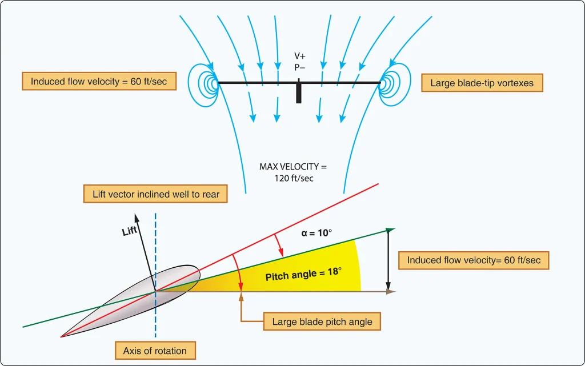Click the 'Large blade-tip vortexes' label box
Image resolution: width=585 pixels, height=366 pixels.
(x=482, y=83)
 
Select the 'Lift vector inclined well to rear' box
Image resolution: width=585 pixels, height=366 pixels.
(x=155, y=194)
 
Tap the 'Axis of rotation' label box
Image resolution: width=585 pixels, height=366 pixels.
(x=155, y=351)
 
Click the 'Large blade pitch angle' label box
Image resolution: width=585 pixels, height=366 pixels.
(x=322, y=321)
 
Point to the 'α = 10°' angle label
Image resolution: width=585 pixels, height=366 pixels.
(x=316, y=233)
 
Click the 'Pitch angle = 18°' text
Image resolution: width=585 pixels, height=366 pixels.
(x=303, y=274)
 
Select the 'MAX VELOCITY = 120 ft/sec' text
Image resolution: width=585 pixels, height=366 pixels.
(x=293, y=172)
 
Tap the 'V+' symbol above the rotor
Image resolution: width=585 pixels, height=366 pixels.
(x=299, y=56)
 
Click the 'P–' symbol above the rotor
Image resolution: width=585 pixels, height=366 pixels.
(x=299, y=67)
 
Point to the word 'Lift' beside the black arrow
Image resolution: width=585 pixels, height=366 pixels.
(x=130, y=231)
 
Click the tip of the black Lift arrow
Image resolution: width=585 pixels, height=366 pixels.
(x=136, y=214)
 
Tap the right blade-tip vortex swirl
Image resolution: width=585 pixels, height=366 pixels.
(x=395, y=85)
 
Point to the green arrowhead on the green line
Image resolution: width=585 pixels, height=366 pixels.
(x=390, y=230)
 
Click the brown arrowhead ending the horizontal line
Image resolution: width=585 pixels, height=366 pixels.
(x=391, y=291)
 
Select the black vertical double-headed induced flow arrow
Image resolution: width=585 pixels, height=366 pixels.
(x=388, y=260)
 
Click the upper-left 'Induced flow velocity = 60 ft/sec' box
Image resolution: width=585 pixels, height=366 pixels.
(x=99, y=81)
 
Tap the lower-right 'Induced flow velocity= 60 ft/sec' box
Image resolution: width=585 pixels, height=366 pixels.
(x=474, y=260)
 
